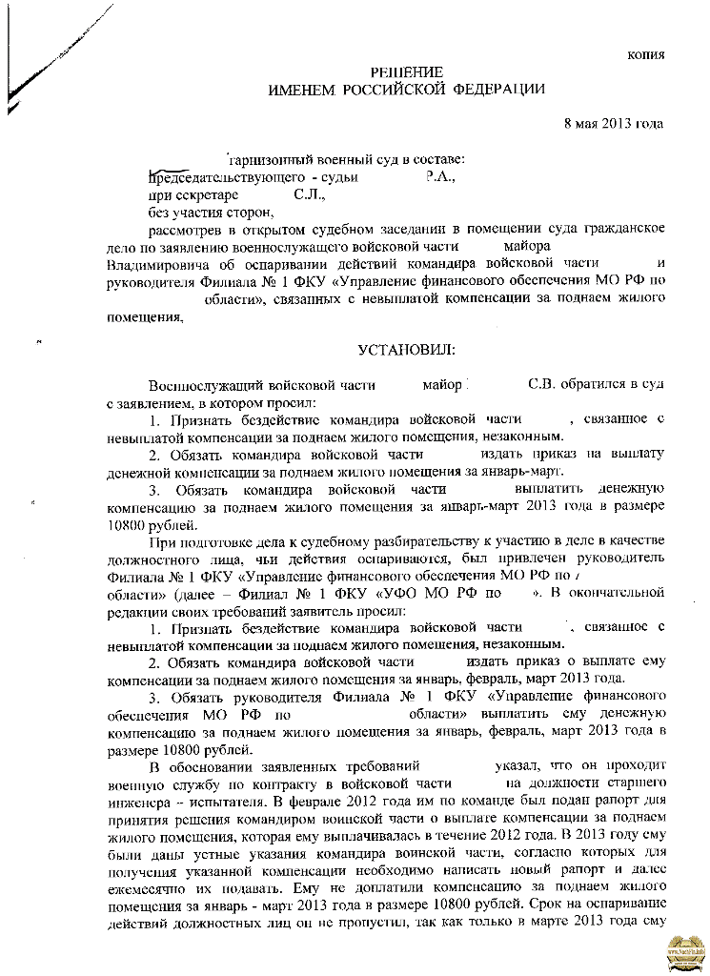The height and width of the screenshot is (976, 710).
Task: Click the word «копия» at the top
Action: click(645, 54)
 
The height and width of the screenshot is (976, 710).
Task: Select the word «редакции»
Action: click(135, 611)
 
